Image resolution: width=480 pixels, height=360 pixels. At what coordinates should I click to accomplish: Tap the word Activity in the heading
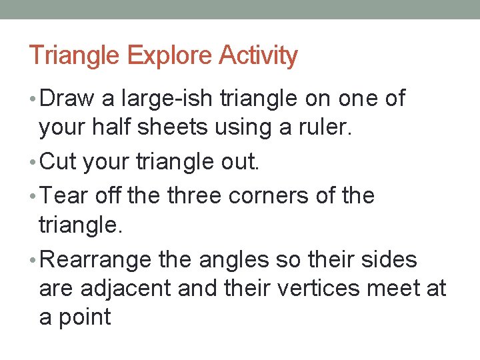(x=258, y=55)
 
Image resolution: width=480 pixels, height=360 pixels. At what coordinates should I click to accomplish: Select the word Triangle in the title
(x=74, y=55)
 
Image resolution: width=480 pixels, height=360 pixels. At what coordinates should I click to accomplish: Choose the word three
(x=197, y=196)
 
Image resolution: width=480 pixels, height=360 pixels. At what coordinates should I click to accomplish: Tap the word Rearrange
(x=96, y=259)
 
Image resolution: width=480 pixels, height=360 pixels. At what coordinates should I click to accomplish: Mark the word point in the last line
(x=83, y=317)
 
